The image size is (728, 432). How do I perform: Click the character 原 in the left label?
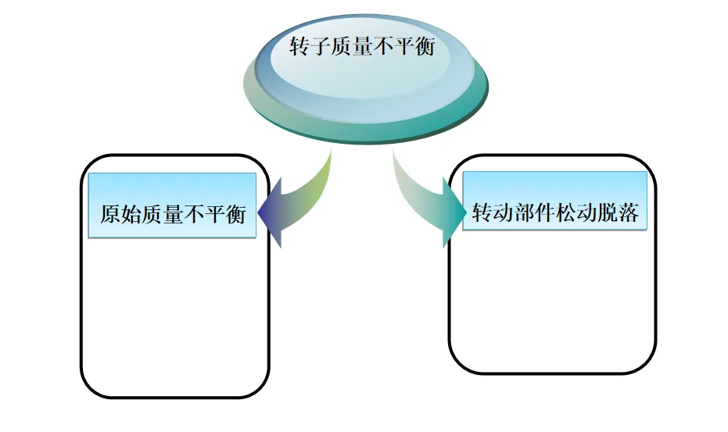tap(110, 214)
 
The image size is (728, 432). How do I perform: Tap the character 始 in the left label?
tap(131, 214)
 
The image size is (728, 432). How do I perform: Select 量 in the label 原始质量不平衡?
tap(173, 214)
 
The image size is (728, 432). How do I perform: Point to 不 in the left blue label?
tap(194, 214)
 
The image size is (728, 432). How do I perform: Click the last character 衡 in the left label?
tap(235, 214)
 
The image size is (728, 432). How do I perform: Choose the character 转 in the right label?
tap(482, 212)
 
